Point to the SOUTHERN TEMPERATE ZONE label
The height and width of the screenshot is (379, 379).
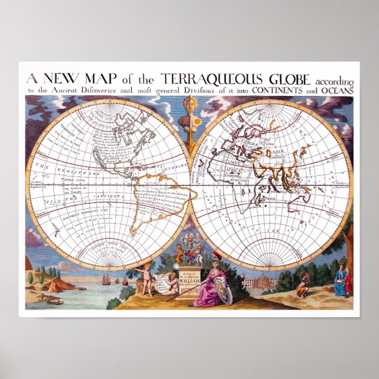(x=79, y=215)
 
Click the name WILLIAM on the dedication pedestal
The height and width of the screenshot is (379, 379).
(x=189, y=281)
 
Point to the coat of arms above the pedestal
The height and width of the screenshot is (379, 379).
(x=189, y=250)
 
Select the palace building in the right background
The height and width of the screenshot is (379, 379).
(x=260, y=282)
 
